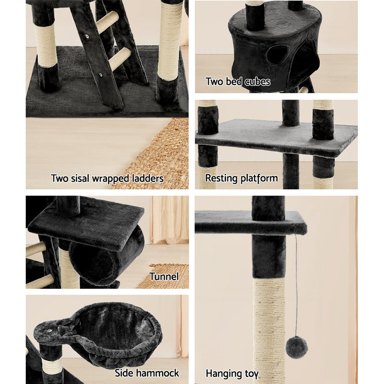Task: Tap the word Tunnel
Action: click(164, 276)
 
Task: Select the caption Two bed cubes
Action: click(238, 81)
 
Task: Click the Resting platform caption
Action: click(241, 178)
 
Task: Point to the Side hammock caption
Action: click(147, 373)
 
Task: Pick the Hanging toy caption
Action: click(232, 373)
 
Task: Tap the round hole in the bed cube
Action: click(277, 55)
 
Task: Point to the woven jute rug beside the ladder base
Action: click(161, 154)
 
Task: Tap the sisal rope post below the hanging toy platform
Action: click(269, 326)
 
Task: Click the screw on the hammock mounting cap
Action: click(50, 329)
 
